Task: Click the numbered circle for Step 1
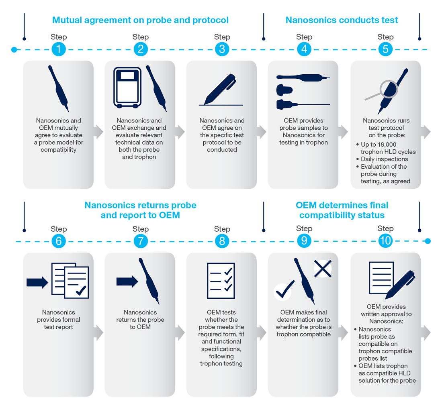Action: (x=59, y=49)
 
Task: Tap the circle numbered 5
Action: (x=385, y=49)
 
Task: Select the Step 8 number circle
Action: (x=222, y=241)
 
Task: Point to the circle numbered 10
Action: (x=385, y=241)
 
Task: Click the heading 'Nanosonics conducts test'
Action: (x=342, y=20)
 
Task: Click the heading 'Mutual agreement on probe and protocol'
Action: (x=140, y=20)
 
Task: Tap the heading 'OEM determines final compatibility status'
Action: (x=342, y=210)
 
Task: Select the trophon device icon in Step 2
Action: (x=127, y=88)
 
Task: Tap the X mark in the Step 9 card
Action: (x=323, y=269)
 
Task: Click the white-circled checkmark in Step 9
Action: (x=284, y=290)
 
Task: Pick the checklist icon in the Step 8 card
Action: (x=221, y=281)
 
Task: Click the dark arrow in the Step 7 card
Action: (x=127, y=281)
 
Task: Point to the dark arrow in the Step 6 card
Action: (x=37, y=282)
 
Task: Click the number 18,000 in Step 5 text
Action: (x=387, y=145)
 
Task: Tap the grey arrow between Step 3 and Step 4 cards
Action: (x=262, y=132)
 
